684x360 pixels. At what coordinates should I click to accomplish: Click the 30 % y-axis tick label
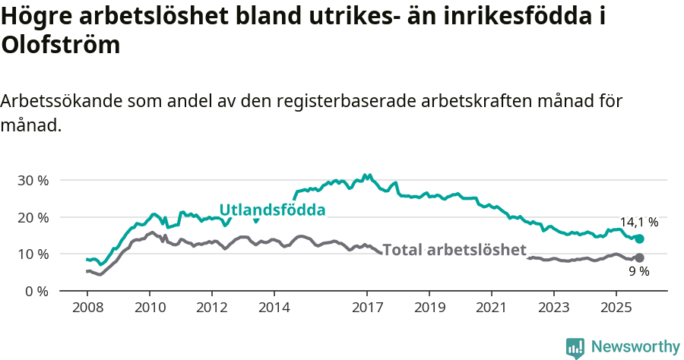point(33,181)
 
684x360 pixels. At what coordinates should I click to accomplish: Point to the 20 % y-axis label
point(33,217)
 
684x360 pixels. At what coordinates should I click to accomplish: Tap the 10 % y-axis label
point(33,254)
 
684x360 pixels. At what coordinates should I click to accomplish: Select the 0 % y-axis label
point(36,291)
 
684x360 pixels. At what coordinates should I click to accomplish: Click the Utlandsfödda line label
point(272,210)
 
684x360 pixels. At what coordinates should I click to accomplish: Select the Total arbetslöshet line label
point(454,250)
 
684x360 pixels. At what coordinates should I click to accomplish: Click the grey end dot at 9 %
point(639,258)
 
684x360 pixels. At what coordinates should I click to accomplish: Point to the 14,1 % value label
point(638,223)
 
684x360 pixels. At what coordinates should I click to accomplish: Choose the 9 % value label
point(638,272)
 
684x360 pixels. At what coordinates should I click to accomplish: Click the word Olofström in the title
point(61,45)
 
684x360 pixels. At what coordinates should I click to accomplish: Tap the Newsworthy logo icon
point(575,348)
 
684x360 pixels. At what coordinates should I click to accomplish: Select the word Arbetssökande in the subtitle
point(62,101)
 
